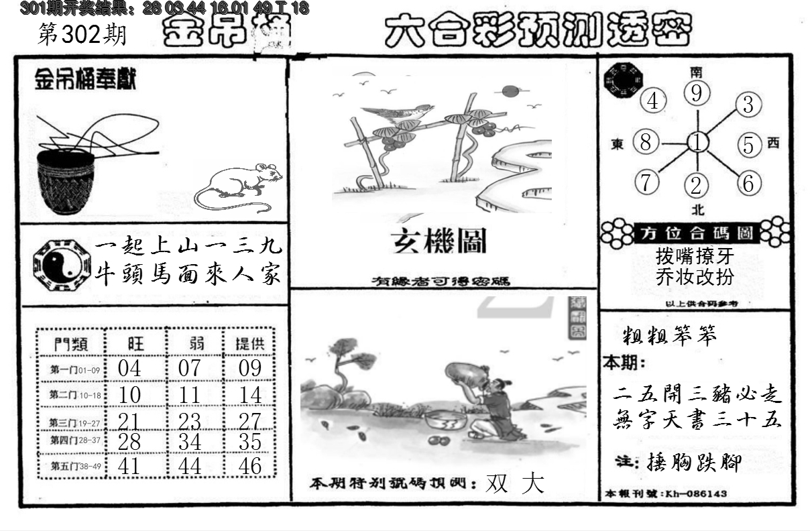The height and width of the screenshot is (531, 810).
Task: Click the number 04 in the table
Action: point(129,368)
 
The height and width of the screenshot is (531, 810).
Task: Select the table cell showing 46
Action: point(249,466)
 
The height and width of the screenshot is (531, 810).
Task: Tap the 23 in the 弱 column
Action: point(190,420)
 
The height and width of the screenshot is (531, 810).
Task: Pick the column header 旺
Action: point(135,344)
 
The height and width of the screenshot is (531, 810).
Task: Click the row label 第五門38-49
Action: point(72,465)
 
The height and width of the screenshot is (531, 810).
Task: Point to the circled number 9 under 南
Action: point(697,94)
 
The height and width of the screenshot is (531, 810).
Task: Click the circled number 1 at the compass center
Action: point(697,143)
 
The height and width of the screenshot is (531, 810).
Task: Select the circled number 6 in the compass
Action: point(749,182)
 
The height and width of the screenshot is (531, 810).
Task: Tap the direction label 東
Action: point(618,143)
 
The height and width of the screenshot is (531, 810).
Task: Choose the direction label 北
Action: point(697,209)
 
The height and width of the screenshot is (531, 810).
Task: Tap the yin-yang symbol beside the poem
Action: point(60,263)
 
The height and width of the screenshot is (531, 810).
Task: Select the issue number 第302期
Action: point(82,35)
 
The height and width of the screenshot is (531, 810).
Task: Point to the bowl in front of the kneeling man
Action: point(446,421)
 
